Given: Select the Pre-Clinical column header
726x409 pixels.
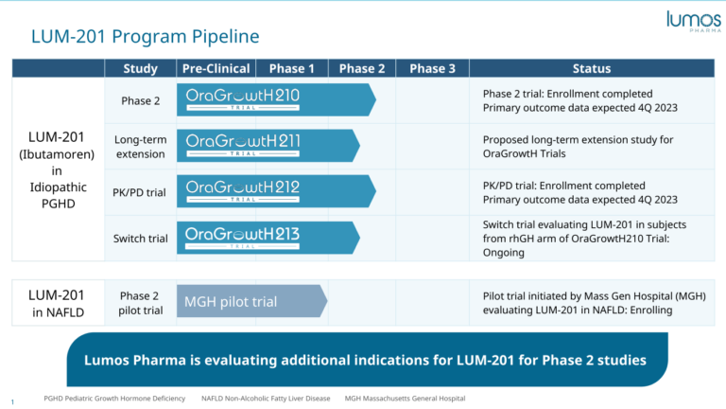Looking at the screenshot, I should tap(216, 68).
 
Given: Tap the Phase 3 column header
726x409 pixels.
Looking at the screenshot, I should tap(432, 68).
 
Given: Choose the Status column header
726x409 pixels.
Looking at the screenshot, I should tap(592, 68).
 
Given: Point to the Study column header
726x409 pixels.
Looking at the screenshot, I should tap(141, 68).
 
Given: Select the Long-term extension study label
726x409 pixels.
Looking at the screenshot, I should tap(141, 147).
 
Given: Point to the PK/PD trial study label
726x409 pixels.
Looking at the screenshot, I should tap(141, 192).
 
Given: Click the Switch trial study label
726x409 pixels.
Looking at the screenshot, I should tap(141, 239).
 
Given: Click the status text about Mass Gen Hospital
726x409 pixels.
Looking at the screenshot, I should tap(594, 303).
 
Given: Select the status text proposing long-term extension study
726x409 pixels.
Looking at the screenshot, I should tap(578, 147).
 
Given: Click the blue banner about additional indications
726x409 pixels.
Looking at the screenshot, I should tap(365, 360).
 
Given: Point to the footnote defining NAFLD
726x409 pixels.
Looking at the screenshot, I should tap(266, 399).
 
